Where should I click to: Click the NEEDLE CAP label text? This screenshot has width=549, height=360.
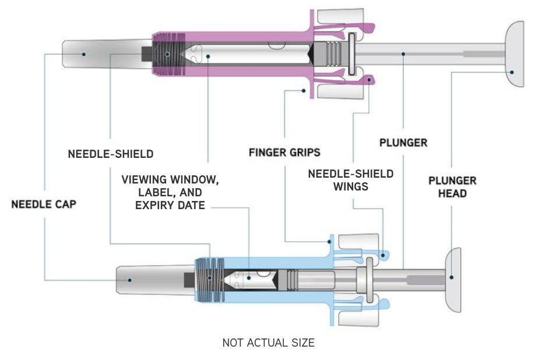pos(44,204)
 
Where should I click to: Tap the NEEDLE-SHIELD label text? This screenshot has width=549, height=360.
pos(111,154)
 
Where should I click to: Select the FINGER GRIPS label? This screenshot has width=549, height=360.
pos(284,153)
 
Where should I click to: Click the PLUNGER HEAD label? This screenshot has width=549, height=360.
pos(452,186)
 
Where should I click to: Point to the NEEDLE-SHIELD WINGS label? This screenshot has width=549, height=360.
pos(350,180)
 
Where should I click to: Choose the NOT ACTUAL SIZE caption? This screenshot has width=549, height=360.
pos(268,343)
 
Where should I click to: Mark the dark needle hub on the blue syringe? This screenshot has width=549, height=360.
pos(190,280)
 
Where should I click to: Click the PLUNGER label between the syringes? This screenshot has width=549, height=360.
pos(403,143)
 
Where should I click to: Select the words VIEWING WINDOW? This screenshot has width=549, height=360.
pos(170,179)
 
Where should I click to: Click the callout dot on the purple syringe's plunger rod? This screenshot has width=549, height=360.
pos(402,54)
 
